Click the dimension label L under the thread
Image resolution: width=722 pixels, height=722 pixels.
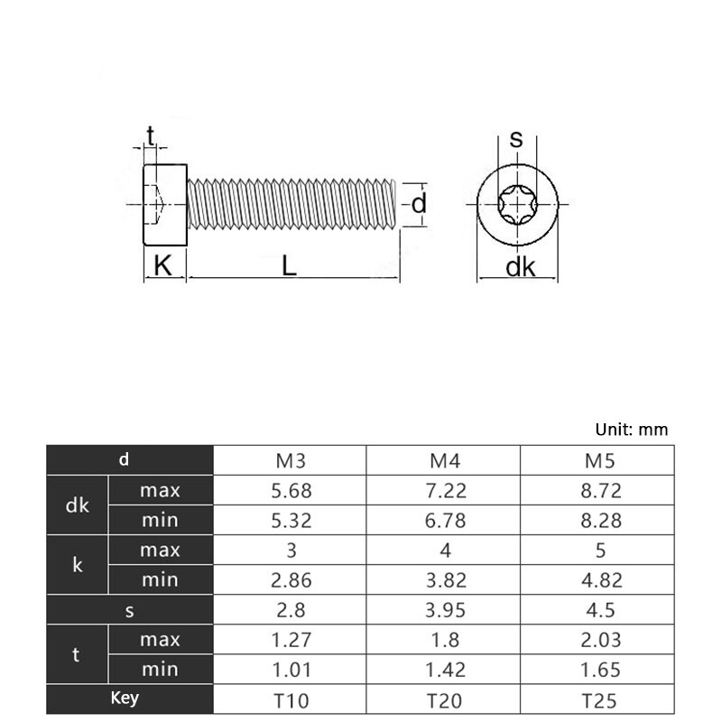coord(289,266)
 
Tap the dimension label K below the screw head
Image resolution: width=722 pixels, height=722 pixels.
coord(162,265)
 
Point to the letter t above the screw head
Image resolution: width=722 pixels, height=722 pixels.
coord(150,135)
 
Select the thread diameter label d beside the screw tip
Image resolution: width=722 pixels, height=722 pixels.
coord(419,204)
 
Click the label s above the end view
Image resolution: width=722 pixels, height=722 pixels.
coord(516,139)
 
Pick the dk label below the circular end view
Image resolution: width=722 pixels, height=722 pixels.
coord(521,267)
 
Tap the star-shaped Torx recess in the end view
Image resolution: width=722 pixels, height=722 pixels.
coord(517,205)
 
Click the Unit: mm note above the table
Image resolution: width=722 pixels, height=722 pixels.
coord(631,430)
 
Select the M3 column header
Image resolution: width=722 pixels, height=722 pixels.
coord(291,461)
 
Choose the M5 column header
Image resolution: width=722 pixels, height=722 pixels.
coord(599,461)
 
